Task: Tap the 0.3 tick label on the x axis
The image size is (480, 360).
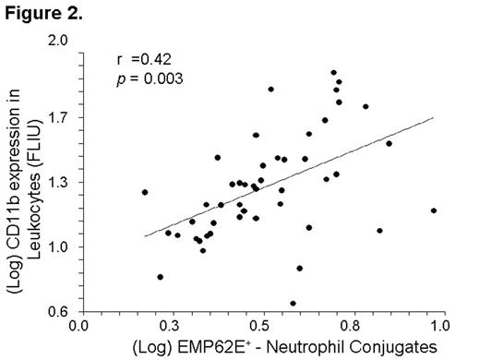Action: tap(169, 326)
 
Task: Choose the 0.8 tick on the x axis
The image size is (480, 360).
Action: tap(350, 326)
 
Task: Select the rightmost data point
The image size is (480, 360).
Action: tap(433, 210)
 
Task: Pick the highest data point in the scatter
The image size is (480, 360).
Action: tap(333, 72)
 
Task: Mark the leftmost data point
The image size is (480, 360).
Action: tap(145, 192)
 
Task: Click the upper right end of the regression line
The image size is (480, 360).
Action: tap(433, 118)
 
